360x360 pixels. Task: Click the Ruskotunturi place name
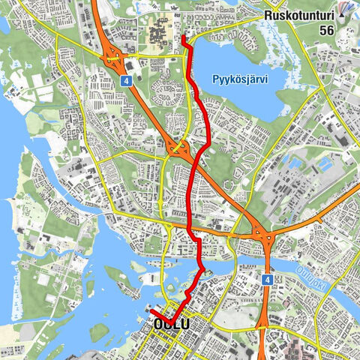[x=298, y=14]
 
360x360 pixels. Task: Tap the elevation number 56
[x=326, y=30]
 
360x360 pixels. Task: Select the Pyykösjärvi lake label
[x=239, y=77]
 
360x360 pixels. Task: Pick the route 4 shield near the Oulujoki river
[x=266, y=279]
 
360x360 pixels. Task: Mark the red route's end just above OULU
[x=151, y=311]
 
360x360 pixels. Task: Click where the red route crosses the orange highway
[x=196, y=158]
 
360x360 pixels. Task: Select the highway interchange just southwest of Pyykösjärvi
[x=178, y=148]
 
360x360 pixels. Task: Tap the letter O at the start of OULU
[x=157, y=324]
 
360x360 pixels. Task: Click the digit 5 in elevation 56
[x=322, y=30]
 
